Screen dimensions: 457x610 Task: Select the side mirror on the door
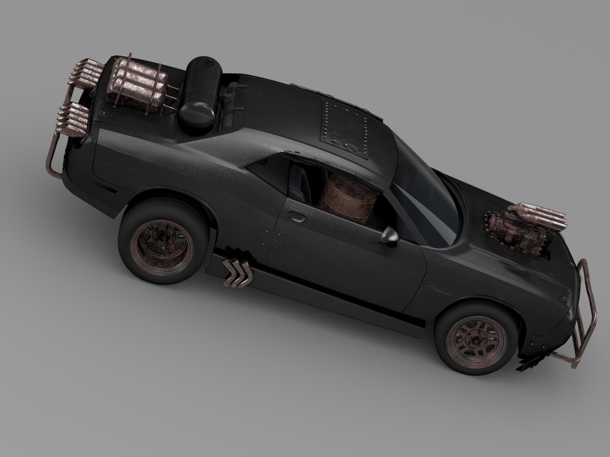tap(391, 236)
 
